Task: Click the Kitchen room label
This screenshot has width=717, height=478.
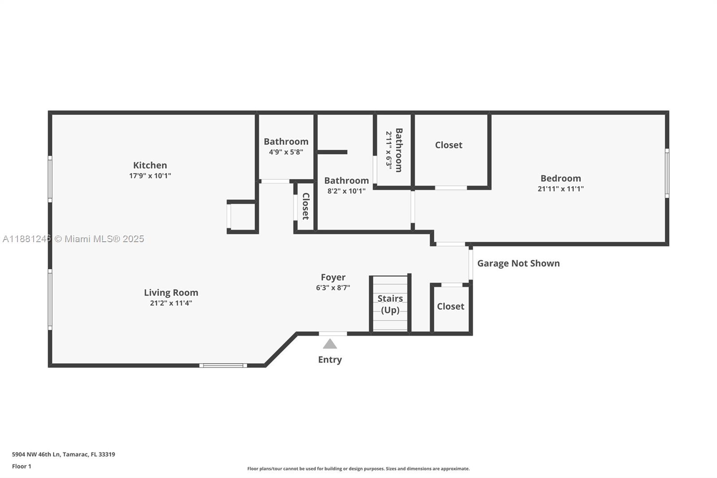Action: click(150, 165)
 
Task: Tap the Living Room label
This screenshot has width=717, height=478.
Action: click(171, 292)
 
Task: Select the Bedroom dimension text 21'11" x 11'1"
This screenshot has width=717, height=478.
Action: click(561, 189)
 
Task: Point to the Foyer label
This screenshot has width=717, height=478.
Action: click(333, 277)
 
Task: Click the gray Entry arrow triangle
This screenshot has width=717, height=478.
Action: click(330, 344)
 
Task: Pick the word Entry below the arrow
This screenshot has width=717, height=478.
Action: click(330, 360)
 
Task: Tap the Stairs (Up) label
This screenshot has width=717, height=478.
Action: click(390, 304)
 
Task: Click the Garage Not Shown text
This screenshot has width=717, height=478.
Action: click(518, 263)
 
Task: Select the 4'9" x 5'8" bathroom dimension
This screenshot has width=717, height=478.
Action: click(286, 152)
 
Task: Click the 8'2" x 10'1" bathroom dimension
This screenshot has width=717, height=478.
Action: click(346, 191)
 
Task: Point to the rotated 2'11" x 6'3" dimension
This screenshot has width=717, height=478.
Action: click(389, 150)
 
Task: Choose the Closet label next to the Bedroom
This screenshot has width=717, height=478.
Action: click(449, 145)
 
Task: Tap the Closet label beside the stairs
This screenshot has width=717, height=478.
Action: click(450, 307)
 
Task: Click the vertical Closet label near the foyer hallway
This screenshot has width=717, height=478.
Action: click(306, 206)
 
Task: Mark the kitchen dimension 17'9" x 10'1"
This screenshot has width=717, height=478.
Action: click(150, 176)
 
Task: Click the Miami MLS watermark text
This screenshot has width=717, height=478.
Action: click(73, 239)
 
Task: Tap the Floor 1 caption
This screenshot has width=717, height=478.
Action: click(22, 466)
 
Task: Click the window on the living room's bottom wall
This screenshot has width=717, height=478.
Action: click(223, 365)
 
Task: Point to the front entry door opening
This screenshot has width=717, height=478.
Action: click(333, 334)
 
